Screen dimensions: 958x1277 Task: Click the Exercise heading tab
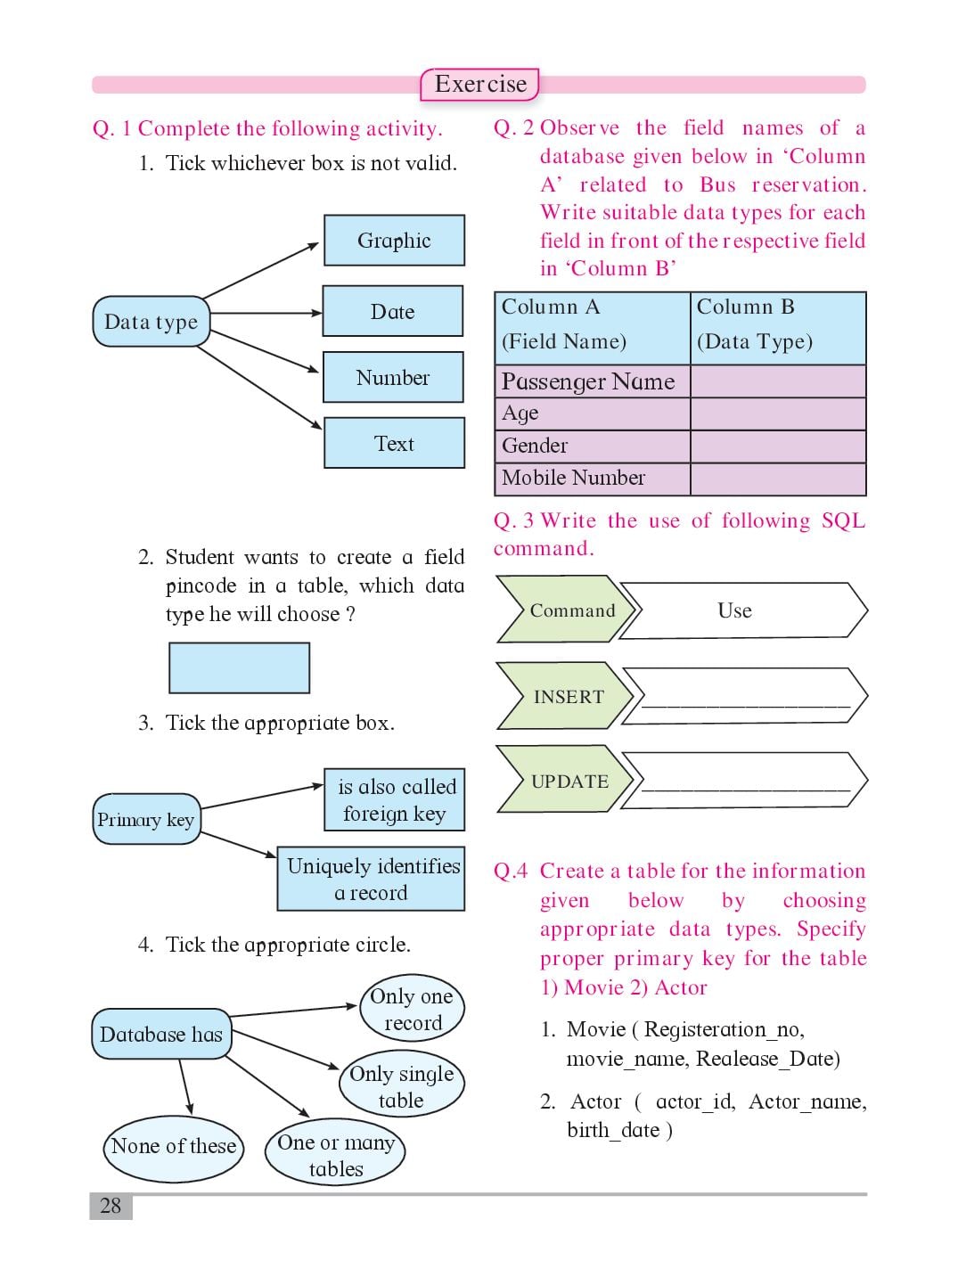click(479, 85)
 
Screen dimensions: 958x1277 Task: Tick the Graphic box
click(394, 241)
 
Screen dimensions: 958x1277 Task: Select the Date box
click(393, 311)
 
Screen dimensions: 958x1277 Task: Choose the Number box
click(393, 377)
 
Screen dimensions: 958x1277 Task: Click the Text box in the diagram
click(394, 443)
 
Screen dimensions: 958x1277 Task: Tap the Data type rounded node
click(151, 321)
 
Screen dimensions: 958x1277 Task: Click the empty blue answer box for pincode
click(239, 667)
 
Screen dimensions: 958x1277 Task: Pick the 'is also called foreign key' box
click(394, 799)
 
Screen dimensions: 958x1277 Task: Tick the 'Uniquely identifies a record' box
click(371, 879)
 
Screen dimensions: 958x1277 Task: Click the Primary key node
click(146, 819)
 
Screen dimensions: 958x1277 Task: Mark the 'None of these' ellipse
click(174, 1148)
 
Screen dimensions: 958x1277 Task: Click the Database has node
click(161, 1034)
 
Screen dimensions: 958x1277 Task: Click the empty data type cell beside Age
click(778, 413)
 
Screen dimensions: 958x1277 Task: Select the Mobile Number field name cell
click(592, 479)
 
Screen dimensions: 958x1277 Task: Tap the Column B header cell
click(778, 328)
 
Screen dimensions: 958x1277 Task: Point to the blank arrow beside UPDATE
click(744, 780)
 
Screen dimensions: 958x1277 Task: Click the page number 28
click(111, 1205)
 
